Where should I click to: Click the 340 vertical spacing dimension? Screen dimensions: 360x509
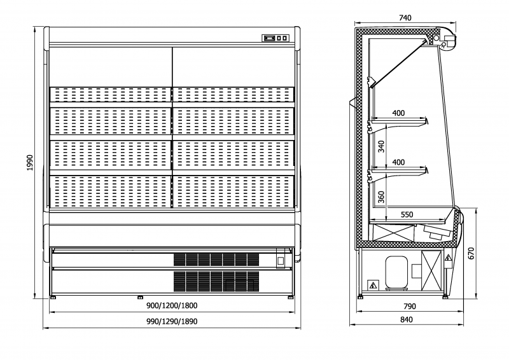point(381,147)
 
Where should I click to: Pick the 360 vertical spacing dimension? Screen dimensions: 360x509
point(381,196)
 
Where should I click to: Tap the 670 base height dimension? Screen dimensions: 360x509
point(471,253)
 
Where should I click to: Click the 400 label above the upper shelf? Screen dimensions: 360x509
point(398,113)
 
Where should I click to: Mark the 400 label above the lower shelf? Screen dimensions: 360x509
point(398,162)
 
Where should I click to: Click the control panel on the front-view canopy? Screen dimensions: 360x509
point(276,39)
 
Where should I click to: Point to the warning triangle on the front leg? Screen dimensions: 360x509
point(449,258)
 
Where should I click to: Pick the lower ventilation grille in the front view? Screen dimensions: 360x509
point(216,280)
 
